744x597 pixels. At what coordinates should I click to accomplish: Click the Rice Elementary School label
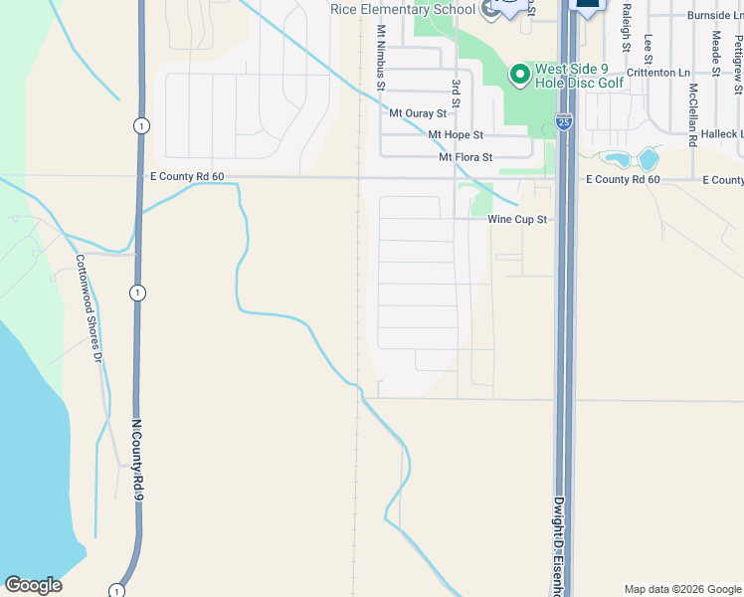(404, 9)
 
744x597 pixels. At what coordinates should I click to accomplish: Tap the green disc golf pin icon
(518, 75)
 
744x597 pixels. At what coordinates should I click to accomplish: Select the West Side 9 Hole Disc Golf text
(580, 76)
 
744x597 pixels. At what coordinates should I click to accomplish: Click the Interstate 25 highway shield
(563, 122)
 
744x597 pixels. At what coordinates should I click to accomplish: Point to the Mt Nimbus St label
(380, 59)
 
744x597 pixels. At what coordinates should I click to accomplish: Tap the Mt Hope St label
(455, 134)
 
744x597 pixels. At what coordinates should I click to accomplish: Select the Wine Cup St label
(517, 219)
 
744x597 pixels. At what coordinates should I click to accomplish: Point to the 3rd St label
(456, 94)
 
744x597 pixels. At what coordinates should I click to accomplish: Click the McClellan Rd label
(692, 113)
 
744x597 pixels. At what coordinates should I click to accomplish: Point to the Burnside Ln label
(714, 16)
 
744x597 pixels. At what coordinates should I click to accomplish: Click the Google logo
(33, 585)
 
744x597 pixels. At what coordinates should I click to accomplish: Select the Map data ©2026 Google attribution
(681, 589)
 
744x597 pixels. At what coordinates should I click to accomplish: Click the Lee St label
(648, 51)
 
